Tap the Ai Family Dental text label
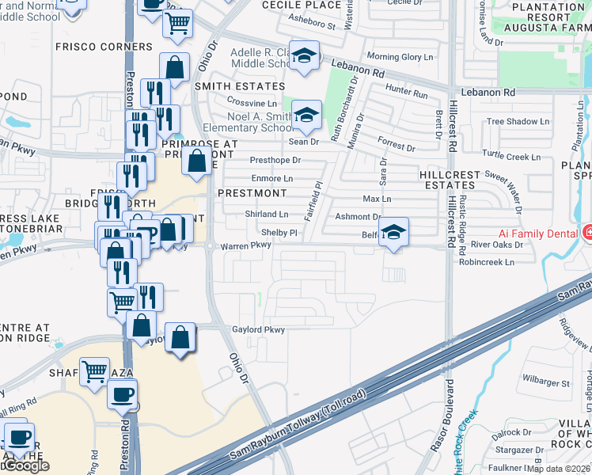click(537, 234)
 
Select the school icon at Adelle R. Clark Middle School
click(303, 55)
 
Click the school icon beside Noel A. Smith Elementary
click(306, 116)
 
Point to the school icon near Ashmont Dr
click(393, 232)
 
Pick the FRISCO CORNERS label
click(104, 47)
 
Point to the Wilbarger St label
click(546, 383)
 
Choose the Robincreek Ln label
click(486, 261)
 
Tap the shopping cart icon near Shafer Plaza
click(94, 370)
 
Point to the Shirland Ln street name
click(266, 215)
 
